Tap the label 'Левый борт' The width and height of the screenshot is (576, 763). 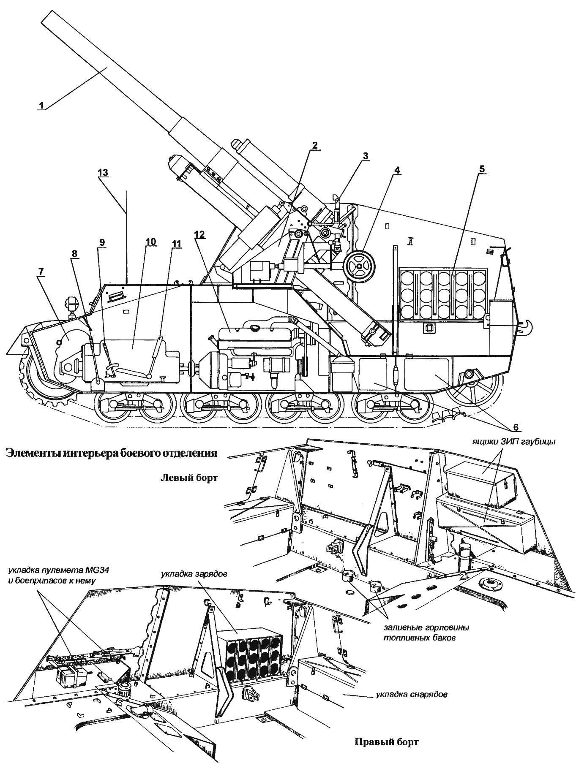pos(189,478)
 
